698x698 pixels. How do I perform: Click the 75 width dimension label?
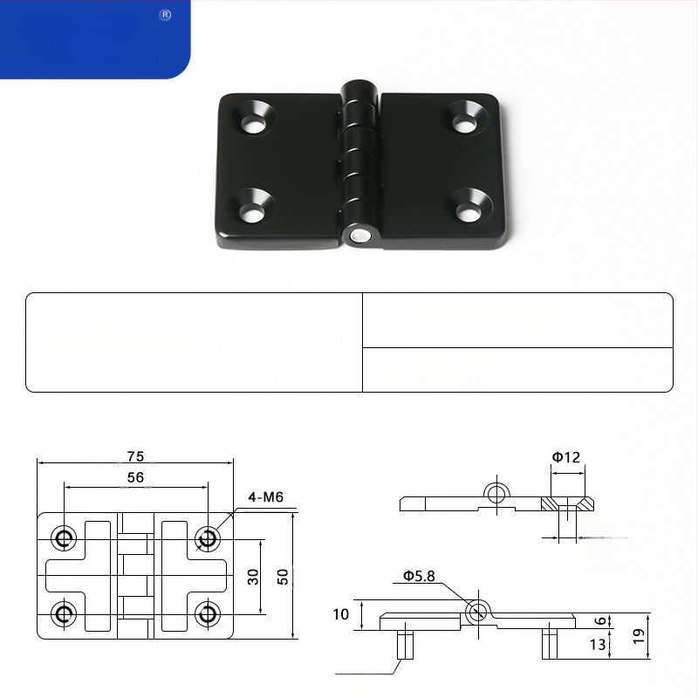pos(136,456)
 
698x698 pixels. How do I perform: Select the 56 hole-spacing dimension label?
pos(136,477)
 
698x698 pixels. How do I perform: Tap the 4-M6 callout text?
pos(266,496)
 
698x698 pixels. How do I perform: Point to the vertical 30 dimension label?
pos(253,577)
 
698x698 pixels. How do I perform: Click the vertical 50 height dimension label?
pos(283,577)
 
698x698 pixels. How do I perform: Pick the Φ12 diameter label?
pos(566,457)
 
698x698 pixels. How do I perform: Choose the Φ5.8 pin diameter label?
pos(419,576)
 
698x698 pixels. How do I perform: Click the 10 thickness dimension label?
pos(341,614)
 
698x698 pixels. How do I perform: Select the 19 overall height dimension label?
pos(639,636)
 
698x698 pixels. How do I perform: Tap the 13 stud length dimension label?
pos(598,644)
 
